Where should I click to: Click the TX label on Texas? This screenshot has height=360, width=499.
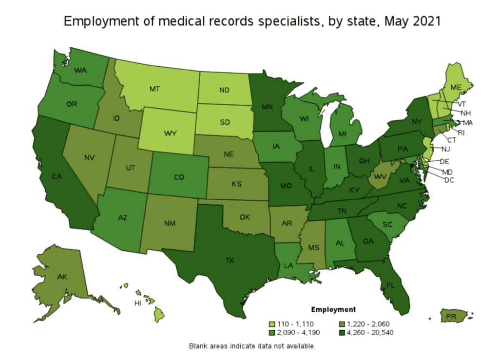pyautogui.click(x=230, y=261)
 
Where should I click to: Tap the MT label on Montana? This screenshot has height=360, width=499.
pyautogui.click(x=155, y=89)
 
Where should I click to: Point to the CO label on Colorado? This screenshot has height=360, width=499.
pyautogui.click(x=179, y=177)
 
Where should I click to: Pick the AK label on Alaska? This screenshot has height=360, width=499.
pyautogui.click(x=61, y=276)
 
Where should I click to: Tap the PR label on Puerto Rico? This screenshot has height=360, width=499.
pyautogui.click(x=452, y=317)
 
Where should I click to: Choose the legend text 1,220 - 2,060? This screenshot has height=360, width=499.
pyautogui.click(x=368, y=324)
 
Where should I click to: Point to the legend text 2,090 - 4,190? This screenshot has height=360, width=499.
pyautogui.click(x=300, y=333)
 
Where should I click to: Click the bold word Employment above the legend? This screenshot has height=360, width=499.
pyautogui.click(x=333, y=309)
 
